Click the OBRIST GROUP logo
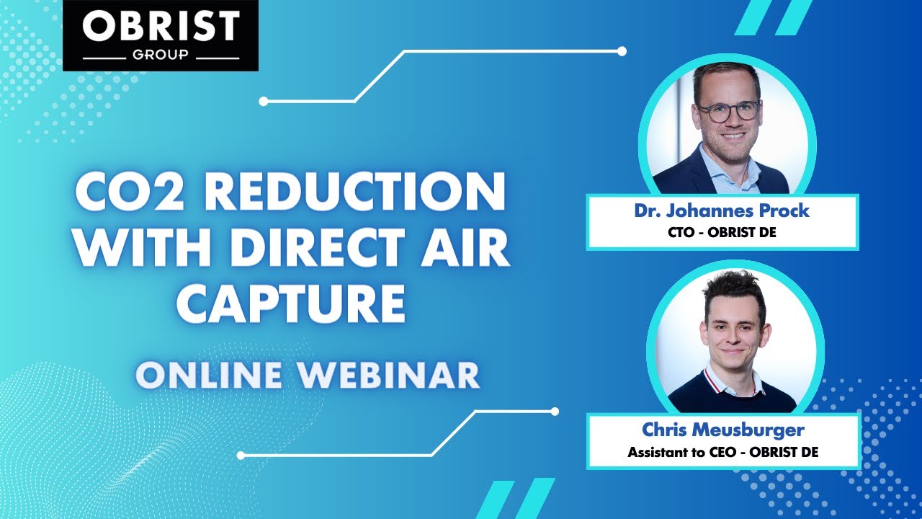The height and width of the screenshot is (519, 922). [x=160, y=35]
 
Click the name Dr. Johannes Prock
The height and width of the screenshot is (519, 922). [x=722, y=211]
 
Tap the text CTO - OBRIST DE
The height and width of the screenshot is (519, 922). [x=722, y=231]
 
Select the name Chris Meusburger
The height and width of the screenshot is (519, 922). [x=723, y=430]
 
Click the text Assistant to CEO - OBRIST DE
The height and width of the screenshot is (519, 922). [x=723, y=452]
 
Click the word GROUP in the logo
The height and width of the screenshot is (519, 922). [x=160, y=55]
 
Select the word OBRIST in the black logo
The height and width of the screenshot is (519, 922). [x=160, y=27]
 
